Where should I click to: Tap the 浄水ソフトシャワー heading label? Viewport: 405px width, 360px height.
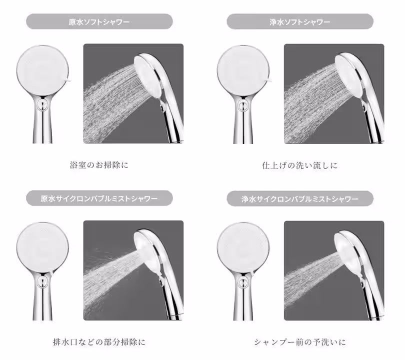[x=300, y=22]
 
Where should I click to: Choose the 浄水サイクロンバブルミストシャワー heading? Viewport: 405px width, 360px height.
[x=300, y=198]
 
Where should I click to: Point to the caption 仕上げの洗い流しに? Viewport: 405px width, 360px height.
[x=300, y=164]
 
